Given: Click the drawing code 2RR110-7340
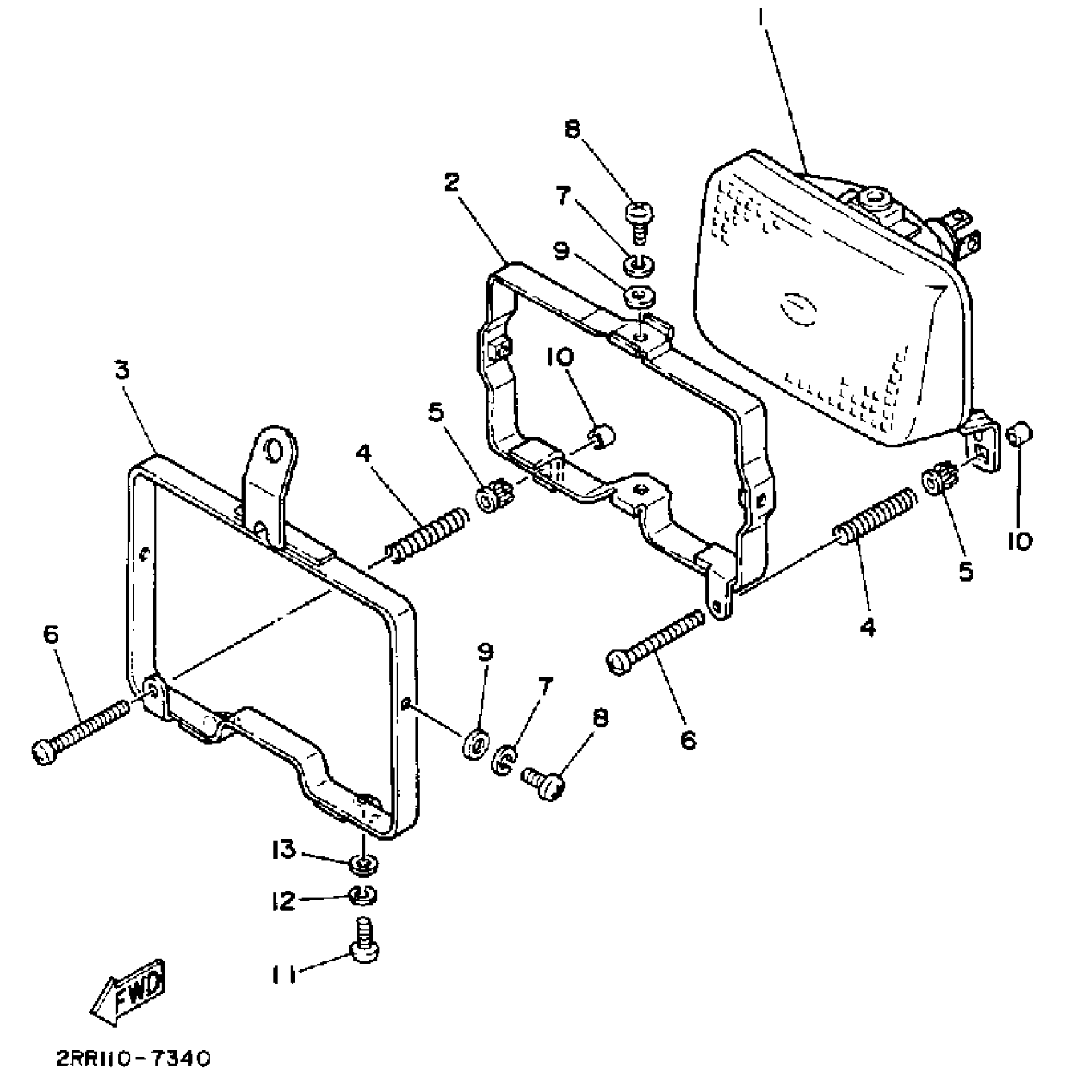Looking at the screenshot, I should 133,1059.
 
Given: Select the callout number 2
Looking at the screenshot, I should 451,183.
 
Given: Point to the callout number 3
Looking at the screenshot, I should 122,371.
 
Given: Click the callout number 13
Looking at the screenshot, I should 283,851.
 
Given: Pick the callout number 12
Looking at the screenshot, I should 283,901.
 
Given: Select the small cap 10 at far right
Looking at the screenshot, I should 1019,433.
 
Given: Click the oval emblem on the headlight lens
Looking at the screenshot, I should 798,310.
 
